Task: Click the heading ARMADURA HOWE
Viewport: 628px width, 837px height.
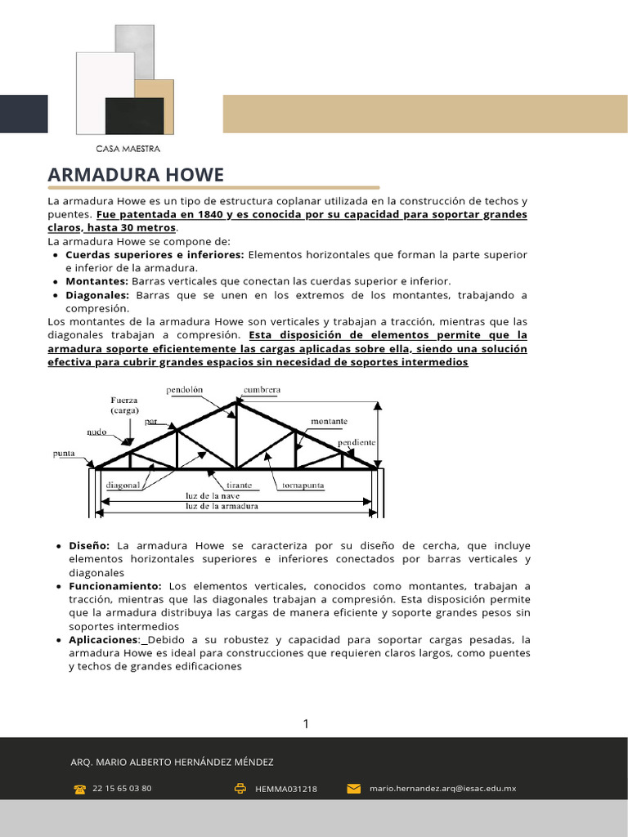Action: (136, 175)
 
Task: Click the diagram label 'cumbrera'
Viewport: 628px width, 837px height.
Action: (262, 390)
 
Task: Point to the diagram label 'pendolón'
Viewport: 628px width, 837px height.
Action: (186, 390)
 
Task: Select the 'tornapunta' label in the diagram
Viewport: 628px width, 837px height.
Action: (303, 485)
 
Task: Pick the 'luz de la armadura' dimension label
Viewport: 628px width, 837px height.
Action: (222, 506)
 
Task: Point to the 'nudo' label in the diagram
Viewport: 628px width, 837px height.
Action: (96, 432)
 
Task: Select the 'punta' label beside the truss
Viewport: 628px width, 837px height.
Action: (65, 453)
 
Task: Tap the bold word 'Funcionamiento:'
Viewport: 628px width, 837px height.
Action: (116, 586)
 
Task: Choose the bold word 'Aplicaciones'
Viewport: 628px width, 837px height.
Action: (104, 639)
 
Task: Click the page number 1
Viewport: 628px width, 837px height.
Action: (306, 723)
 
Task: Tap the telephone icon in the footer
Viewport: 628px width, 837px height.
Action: (80, 789)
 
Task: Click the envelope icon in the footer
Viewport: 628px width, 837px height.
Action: (354, 789)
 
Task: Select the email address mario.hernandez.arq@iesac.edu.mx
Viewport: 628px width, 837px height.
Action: (442, 789)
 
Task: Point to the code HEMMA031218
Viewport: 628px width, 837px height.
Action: (286, 789)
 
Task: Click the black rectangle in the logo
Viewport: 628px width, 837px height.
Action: (134, 115)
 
